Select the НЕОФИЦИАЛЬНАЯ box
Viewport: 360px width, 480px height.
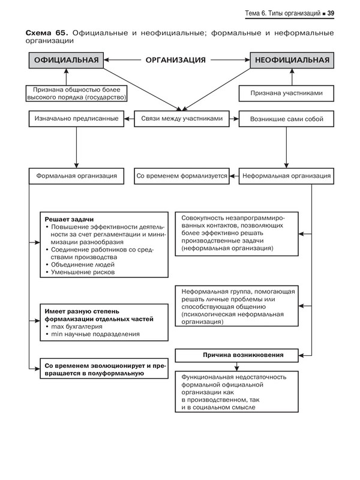point(292,60)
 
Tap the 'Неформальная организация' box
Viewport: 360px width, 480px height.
point(286,176)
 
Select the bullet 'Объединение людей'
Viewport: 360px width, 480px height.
point(81,263)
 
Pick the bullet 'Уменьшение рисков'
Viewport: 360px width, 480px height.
point(82,272)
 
